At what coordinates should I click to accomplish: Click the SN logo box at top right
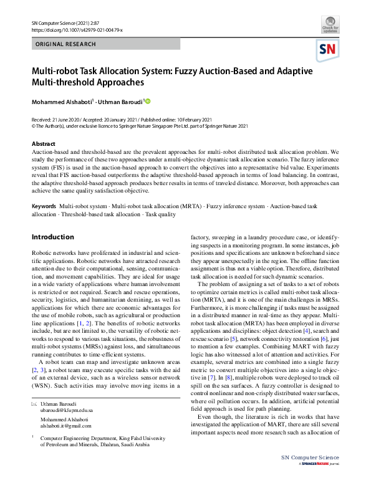pos(329,49)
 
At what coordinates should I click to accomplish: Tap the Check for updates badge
pos(330,26)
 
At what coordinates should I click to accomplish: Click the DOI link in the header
pos(77,30)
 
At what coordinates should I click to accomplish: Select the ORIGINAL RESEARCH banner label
pos(66,44)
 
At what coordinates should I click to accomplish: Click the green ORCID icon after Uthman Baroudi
pos(148,100)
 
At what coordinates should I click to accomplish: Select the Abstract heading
pos(43,143)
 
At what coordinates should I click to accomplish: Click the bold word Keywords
pos(44,205)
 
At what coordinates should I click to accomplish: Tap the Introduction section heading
pos(52,237)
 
